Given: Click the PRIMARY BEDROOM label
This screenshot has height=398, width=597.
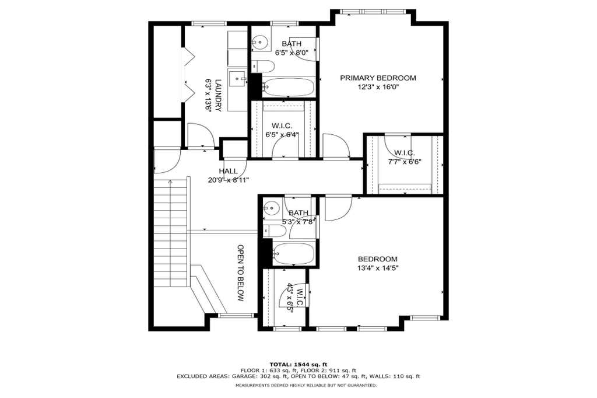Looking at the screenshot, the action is [378, 78].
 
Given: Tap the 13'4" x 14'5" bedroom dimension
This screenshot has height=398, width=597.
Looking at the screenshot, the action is [378, 268].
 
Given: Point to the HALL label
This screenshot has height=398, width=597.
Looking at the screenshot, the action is [228, 171].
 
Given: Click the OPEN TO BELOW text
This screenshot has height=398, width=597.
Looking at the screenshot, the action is [240, 273].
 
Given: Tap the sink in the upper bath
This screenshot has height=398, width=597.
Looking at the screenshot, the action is [260, 41].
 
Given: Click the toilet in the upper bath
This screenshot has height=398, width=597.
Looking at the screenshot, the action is [263, 67].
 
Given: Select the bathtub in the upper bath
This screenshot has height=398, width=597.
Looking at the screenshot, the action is [288, 87].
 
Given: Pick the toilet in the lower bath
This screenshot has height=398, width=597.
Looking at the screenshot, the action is [274, 231].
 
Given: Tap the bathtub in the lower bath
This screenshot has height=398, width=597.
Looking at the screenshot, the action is [293, 254].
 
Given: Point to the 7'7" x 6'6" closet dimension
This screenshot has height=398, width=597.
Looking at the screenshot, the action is [405, 162].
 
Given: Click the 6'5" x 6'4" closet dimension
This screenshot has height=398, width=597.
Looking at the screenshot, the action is [282, 135].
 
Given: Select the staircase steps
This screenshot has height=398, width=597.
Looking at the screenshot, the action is [171, 235].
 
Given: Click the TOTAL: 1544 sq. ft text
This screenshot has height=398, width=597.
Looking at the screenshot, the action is [298, 364].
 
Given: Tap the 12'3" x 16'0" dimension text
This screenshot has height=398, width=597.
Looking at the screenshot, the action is [378, 87].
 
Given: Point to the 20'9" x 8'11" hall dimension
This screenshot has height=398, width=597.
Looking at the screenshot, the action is [229, 180].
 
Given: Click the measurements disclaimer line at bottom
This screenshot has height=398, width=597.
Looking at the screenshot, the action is [306, 385].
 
